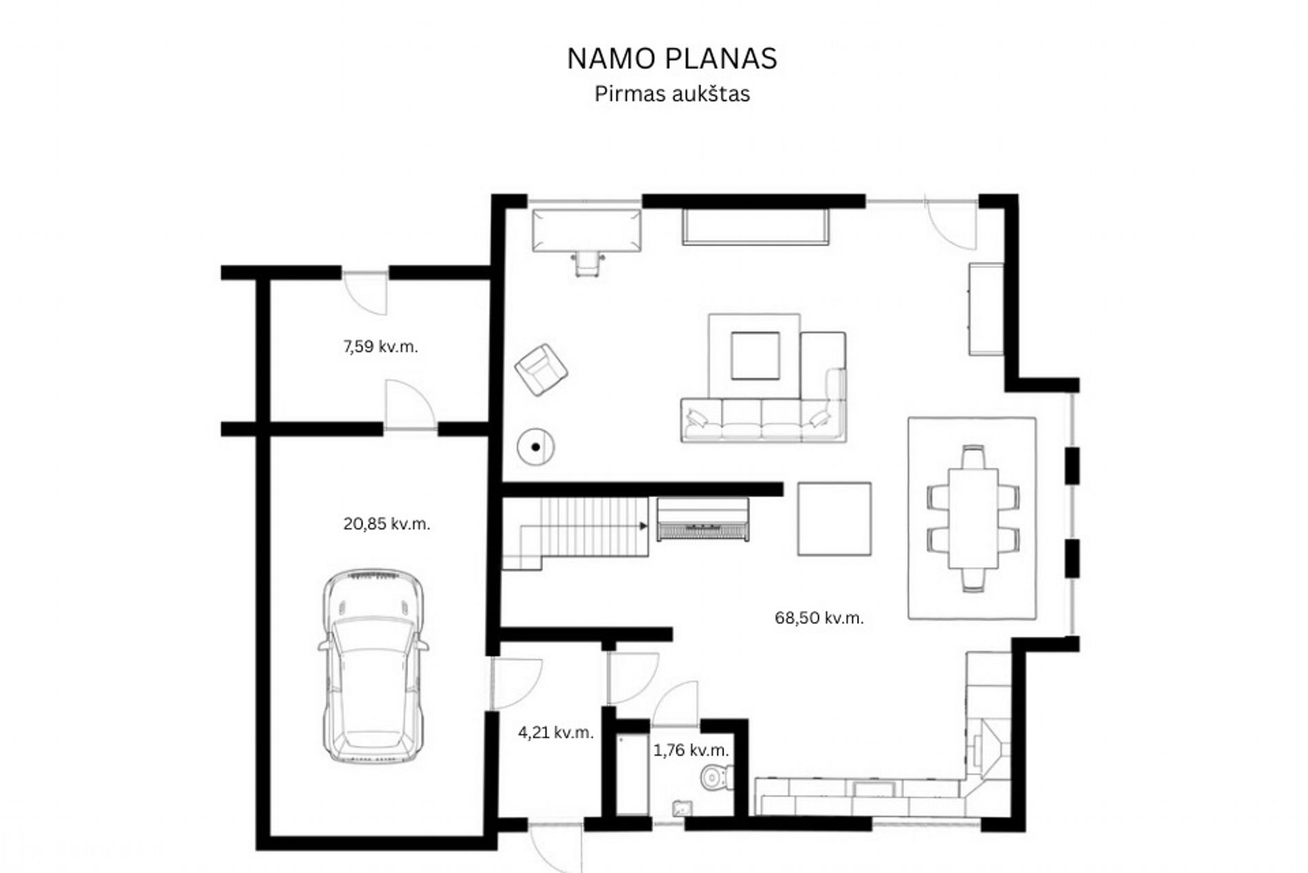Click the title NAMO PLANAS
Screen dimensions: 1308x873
pyautogui.click(x=672, y=59)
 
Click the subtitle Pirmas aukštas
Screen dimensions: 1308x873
pyautogui.click(x=672, y=94)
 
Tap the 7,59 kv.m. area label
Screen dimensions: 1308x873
pyautogui.click(x=380, y=347)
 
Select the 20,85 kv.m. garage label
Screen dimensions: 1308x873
pyautogui.click(x=387, y=524)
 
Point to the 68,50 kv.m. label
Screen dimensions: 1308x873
pyautogui.click(x=819, y=618)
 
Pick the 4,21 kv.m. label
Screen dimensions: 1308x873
pyautogui.click(x=556, y=732)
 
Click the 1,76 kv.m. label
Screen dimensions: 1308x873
pyautogui.click(x=690, y=750)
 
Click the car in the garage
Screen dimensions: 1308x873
pyautogui.click(x=372, y=666)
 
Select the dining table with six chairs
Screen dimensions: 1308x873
pyautogui.click(x=973, y=518)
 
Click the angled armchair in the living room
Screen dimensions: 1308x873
pyautogui.click(x=542, y=370)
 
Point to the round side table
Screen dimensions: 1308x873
pyautogui.click(x=536, y=447)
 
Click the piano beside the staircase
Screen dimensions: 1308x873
pyautogui.click(x=702, y=519)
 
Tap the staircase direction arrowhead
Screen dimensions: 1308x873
pyautogui.click(x=643, y=526)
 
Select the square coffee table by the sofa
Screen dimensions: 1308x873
pyautogui.click(x=755, y=356)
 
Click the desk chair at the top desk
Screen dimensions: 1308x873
pyautogui.click(x=588, y=263)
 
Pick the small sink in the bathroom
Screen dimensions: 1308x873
pyautogui.click(x=682, y=808)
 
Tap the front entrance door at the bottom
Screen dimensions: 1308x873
pyautogui.click(x=556, y=847)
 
